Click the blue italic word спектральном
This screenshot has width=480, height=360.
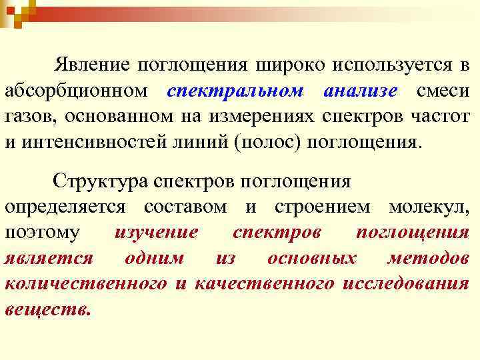pos(236,91)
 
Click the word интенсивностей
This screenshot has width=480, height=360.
pos(96,141)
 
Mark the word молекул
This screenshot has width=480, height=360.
pos(431,207)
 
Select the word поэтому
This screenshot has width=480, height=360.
pos(42,233)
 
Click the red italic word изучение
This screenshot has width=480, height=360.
pos(156,233)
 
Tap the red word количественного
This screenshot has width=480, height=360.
pos(85,283)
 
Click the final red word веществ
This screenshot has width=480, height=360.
pos(47,309)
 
